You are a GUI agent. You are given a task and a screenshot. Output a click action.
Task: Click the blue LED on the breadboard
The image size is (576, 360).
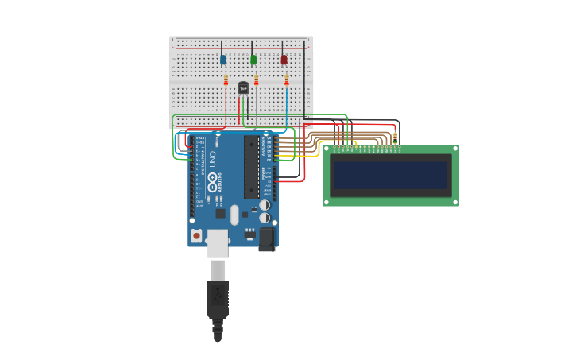coord(223,60)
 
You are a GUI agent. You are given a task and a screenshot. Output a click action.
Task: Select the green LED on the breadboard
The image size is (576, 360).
coord(253,60)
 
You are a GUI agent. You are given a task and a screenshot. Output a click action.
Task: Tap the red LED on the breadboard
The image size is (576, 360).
coord(284,60)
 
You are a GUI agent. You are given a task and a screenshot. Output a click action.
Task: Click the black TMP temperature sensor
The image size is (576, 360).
coord(243,87)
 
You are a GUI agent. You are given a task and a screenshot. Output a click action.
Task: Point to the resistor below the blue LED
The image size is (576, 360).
coord(226,80)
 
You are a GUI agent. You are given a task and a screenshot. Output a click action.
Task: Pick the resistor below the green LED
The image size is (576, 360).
coord(256,79)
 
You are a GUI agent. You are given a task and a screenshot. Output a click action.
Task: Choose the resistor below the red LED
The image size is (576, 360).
coord(287,80)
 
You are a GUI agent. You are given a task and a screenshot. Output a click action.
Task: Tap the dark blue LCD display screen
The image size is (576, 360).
coord(391,175)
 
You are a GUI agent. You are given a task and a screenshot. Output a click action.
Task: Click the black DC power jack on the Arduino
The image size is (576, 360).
coord(267,238)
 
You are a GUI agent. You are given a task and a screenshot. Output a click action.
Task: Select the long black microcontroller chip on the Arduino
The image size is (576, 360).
coord(251,167)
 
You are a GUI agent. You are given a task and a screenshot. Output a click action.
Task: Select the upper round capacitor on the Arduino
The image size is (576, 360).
coord(265,205)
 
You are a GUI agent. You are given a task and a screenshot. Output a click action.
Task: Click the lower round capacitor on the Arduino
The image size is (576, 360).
coord(265,218)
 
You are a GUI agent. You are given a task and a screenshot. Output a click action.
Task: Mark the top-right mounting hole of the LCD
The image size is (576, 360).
coord(454,149)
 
